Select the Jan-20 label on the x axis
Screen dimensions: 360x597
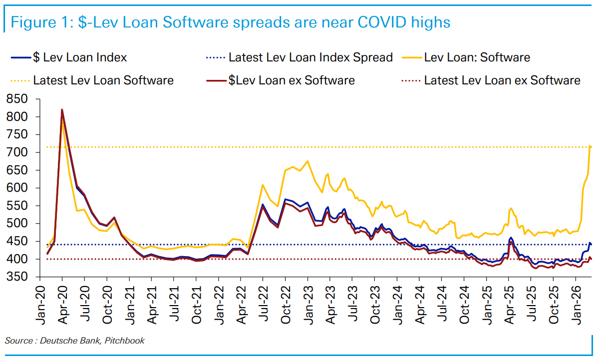point(41,303)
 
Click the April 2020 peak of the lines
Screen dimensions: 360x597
point(62,110)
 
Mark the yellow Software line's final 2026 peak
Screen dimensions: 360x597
point(591,146)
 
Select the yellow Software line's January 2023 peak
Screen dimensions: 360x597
point(307,161)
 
